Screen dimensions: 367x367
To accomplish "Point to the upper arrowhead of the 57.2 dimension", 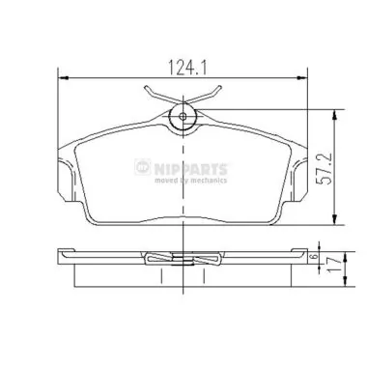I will pos(334,112).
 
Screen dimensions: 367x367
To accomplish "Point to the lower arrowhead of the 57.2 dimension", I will pos(334,218).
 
